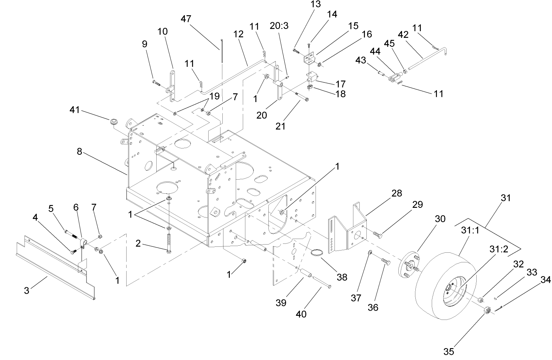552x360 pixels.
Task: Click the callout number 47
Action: point(186,19)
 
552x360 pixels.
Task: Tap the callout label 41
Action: point(75,110)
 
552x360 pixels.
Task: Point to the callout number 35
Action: point(449,351)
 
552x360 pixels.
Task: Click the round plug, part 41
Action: point(114,121)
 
